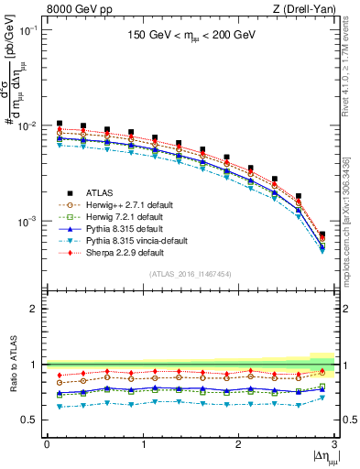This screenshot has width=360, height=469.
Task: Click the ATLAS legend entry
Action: [100, 193]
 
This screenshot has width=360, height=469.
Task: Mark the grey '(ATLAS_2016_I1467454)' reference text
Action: [190, 274]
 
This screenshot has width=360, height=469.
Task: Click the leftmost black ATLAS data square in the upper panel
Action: [60, 123]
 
